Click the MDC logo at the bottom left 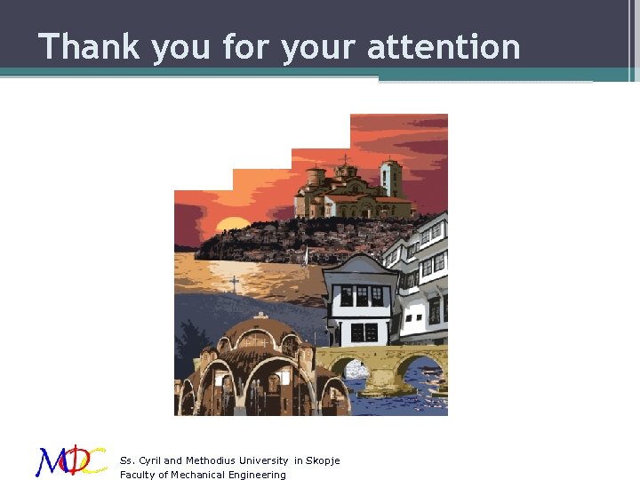[71, 460]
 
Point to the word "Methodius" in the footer [211, 460]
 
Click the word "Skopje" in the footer [323, 460]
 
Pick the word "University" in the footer [261, 460]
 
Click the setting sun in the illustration [236, 224]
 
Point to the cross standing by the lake [234, 284]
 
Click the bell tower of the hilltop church [390, 178]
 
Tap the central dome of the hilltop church [345, 171]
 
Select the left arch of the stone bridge [350, 368]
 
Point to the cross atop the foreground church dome [260, 315]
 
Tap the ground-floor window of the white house [364, 332]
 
